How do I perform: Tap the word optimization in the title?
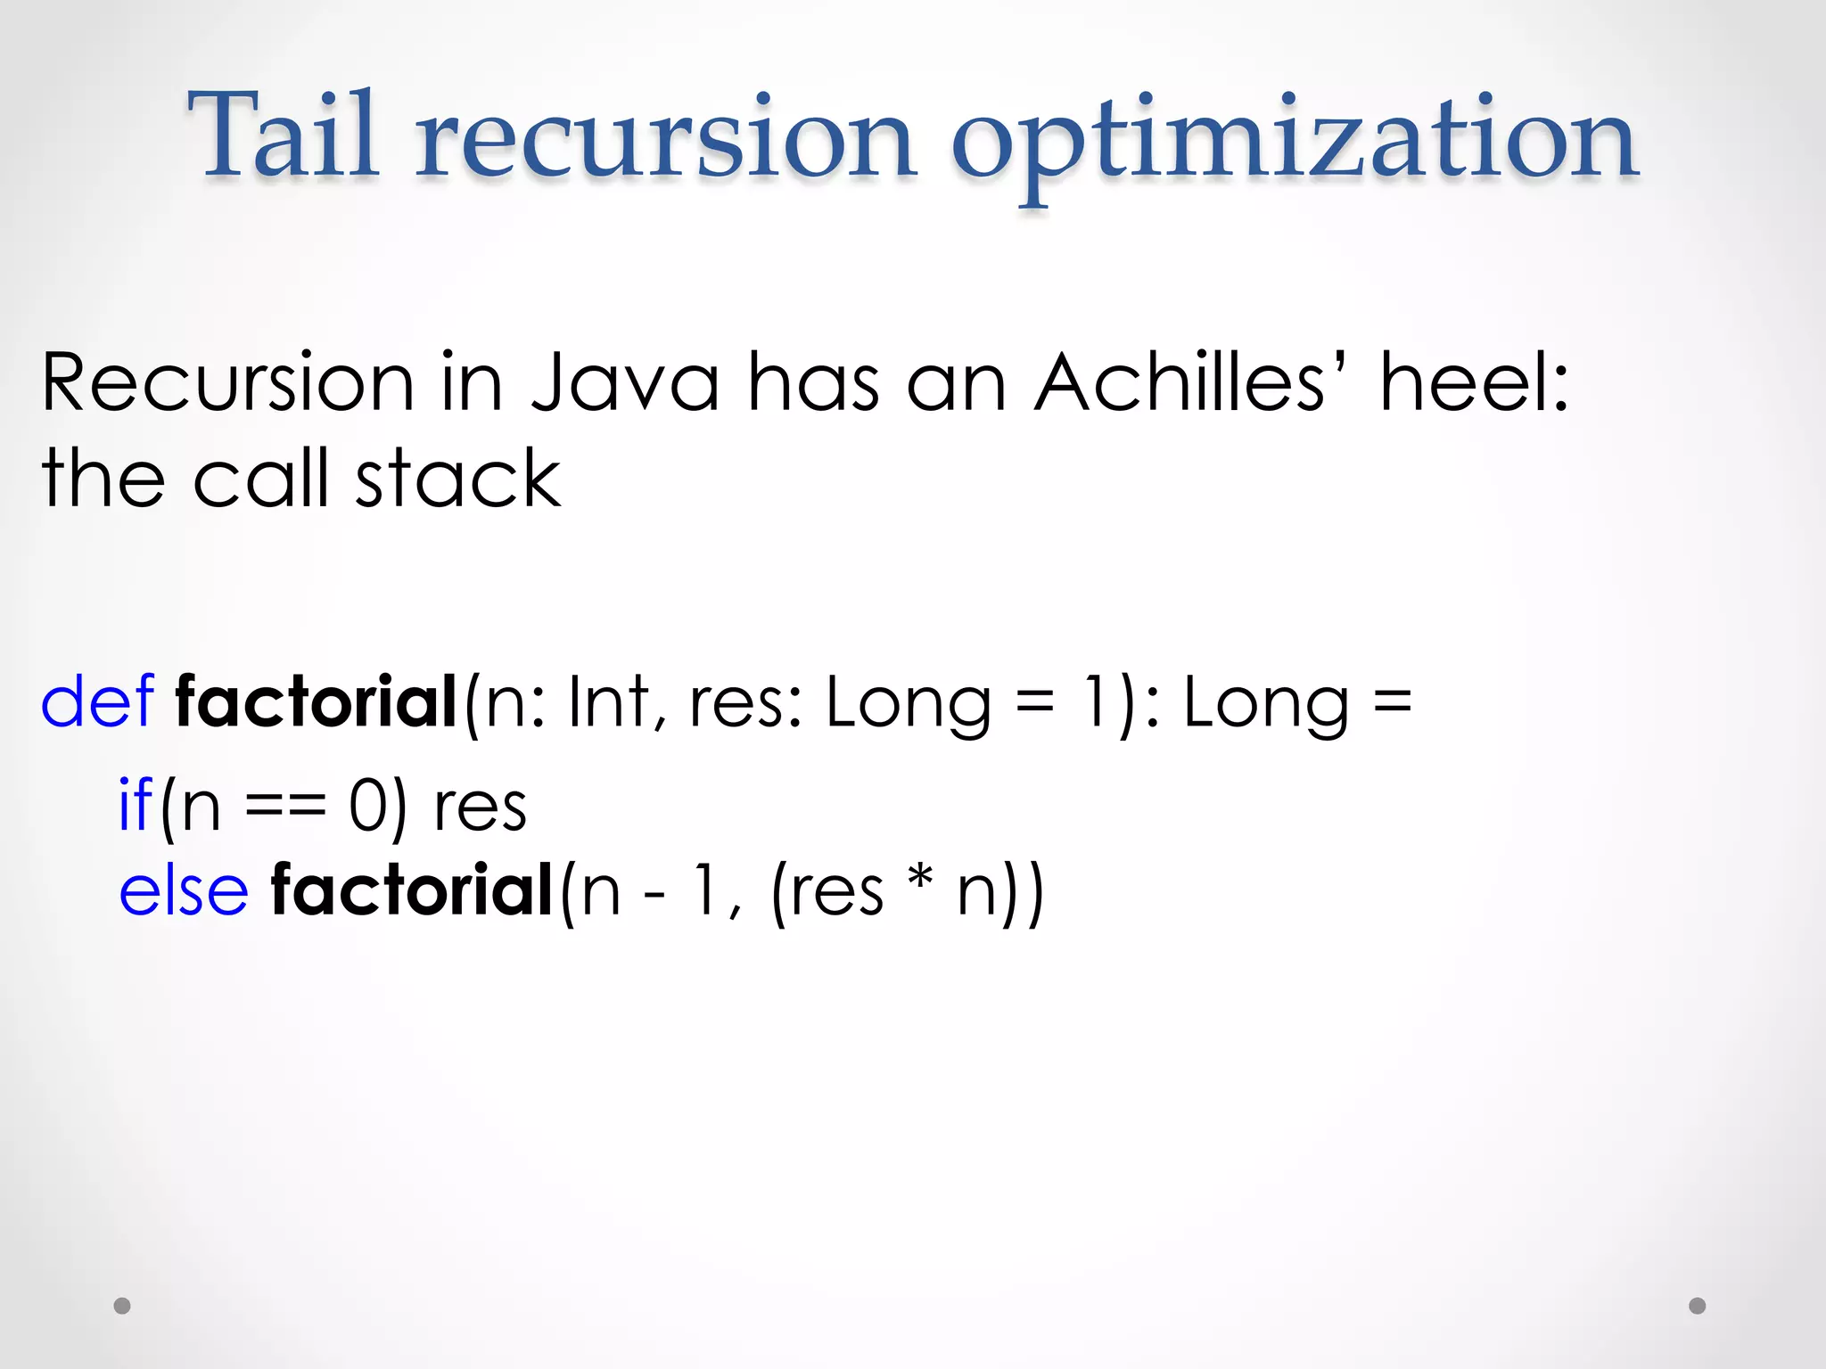1294,143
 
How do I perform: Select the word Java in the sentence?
625,383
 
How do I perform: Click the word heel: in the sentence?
1474,383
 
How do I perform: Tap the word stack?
458,480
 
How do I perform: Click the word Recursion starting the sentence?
227,383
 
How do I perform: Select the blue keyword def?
97,702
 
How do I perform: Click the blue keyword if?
136,805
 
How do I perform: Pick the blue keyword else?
184,890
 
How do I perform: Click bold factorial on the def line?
317,702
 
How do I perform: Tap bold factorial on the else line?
412,890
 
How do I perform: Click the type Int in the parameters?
608,702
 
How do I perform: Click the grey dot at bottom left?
122,1306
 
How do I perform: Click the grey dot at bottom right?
1698,1306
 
